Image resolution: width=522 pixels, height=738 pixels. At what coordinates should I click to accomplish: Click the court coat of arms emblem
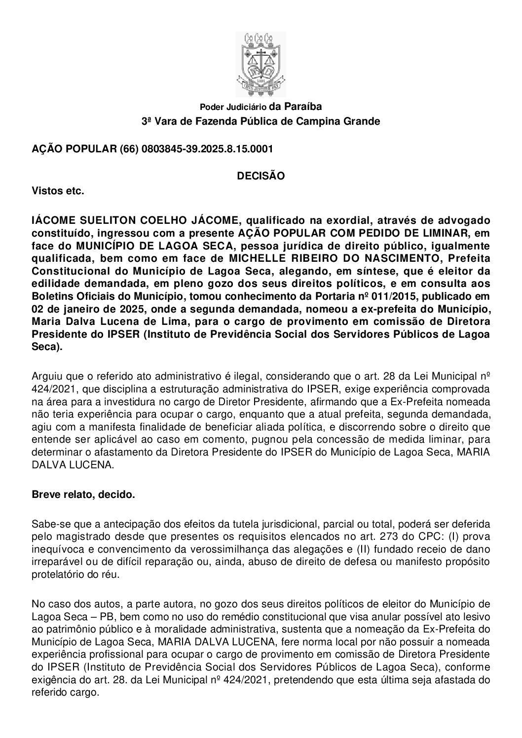tap(261, 64)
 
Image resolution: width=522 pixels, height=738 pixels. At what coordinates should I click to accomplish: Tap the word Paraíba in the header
tap(303, 106)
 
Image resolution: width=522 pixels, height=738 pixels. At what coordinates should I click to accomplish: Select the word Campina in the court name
tap(316, 121)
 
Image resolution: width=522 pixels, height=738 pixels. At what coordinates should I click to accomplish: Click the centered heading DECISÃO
tap(261, 176)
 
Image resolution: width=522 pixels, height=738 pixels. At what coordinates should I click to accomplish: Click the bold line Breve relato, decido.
tap(83, 494)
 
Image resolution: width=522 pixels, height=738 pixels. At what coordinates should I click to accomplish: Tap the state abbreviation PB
tap(114, 616)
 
